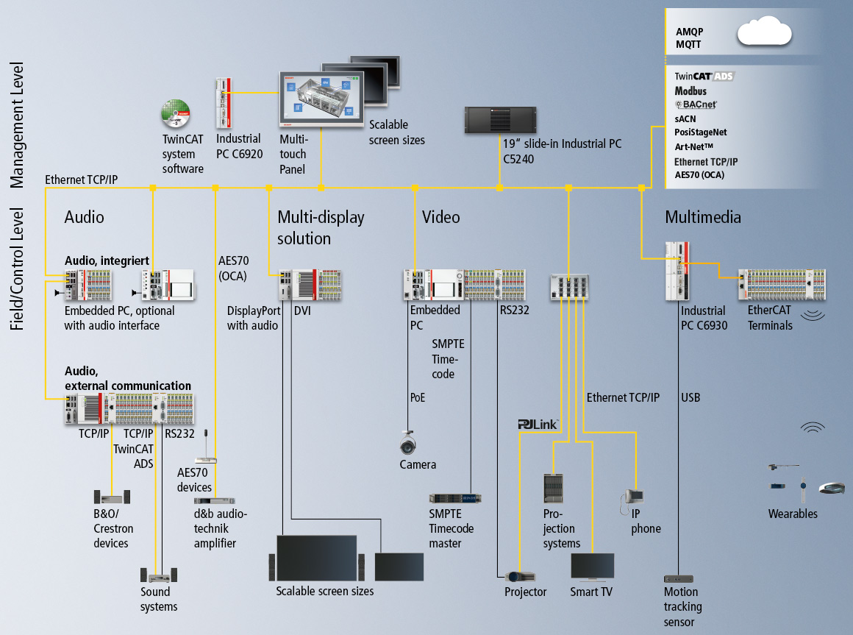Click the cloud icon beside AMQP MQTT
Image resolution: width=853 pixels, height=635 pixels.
(764, 34)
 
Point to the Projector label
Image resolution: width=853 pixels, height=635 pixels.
(525, 592)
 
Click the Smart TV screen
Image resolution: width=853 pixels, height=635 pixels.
(592, 567)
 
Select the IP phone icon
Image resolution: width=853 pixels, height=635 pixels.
(633, 497)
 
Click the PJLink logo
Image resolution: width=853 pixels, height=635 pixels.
(538, 425)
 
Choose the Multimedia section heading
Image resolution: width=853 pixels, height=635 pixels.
(702, 217)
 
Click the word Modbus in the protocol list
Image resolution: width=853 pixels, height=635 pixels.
(690, 91)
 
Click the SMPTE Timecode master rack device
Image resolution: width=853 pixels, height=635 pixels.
(454, 498)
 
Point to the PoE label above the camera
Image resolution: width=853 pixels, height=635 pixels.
(417, 398)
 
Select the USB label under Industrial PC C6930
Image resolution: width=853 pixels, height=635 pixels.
(690, 398)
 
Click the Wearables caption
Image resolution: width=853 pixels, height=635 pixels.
(793, 514)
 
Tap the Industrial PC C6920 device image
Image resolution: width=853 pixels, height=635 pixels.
(225, 103)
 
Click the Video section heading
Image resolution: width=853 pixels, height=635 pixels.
(440, 217)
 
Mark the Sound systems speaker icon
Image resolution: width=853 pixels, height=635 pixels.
(158, 575)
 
